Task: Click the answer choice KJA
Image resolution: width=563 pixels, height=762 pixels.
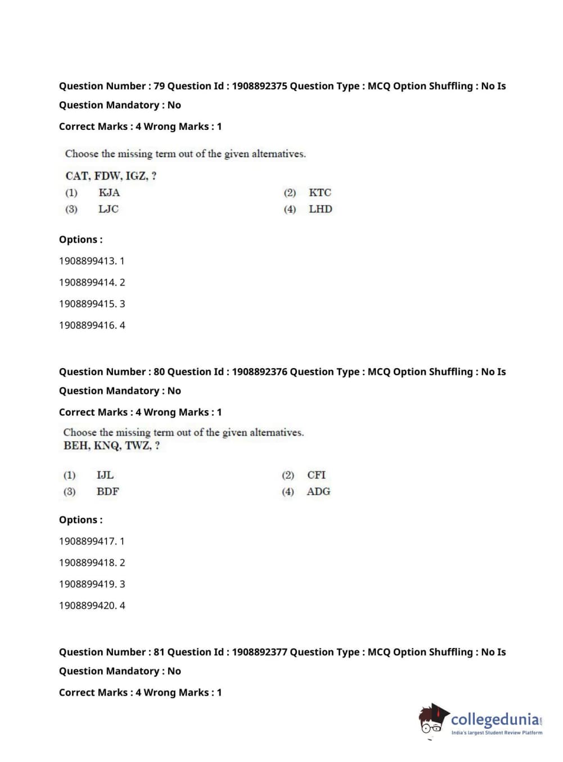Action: click(109, 193)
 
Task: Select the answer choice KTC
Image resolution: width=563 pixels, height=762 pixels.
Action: click(320, 193)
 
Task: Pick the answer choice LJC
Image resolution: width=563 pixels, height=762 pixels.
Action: click(109, 209)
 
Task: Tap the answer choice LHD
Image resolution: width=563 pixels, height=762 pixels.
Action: click(321, 209)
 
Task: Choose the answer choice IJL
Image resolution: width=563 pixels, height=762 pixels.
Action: click(105, 475)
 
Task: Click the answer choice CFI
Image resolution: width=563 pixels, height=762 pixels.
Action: click(317, 475)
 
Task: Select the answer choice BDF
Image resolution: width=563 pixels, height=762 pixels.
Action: click(108, 492)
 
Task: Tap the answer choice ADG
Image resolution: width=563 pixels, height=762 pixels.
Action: click(319, 492)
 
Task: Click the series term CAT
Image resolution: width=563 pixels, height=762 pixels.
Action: click(77, 176)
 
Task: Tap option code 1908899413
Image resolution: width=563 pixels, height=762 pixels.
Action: click(87, 261)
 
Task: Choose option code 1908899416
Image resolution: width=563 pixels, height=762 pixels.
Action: click(87, 325)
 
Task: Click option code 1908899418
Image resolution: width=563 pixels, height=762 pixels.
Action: click(87, 563)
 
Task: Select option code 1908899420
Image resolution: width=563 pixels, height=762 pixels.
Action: click(87, 606)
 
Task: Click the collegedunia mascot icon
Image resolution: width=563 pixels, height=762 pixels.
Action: click(433, 719)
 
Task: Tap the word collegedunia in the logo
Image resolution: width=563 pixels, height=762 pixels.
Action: click(495, 719)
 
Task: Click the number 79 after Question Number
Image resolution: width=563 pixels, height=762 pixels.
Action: click(159, 86)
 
